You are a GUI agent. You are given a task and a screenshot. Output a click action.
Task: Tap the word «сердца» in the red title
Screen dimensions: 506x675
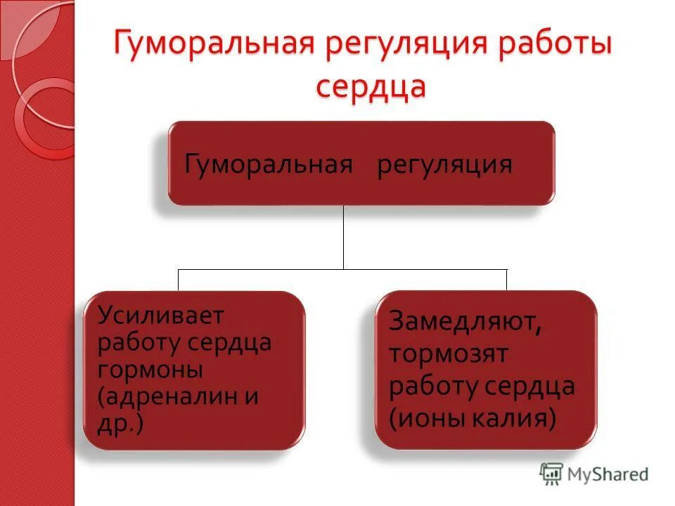371,88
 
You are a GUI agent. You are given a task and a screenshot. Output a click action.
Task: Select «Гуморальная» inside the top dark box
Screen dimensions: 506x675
268,165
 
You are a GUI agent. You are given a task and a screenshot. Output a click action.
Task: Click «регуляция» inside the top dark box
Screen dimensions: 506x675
444,165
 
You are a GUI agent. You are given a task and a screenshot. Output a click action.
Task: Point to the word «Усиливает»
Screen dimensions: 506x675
161,316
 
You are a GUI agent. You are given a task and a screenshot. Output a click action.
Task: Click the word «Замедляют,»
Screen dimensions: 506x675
465,324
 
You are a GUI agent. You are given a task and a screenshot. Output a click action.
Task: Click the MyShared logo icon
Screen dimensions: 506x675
552,474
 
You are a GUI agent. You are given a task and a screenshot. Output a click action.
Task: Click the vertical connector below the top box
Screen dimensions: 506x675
343,237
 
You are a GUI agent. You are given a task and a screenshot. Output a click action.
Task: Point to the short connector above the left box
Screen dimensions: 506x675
178,280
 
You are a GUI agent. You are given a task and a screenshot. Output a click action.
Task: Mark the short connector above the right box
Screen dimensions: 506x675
507,280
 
